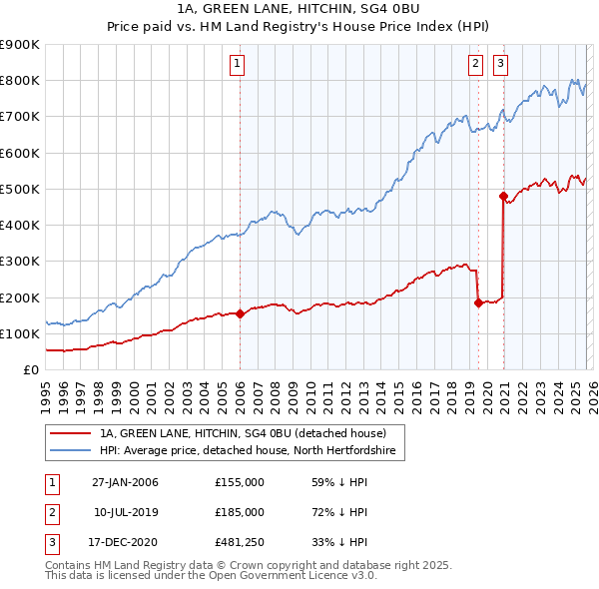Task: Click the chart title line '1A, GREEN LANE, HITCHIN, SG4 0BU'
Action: pyautogui.click(x=299, y=11)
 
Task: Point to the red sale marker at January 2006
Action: pyautogui.click(x=241, y=313)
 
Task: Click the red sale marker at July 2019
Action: pyautogui.click(x=478, y=302)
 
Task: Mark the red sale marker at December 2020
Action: pyautogui.click(x=503, y=196)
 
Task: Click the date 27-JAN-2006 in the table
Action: pyautogui.click(x=125, y=483)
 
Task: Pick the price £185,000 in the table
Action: pyautogui.click(x=240, y=512)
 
